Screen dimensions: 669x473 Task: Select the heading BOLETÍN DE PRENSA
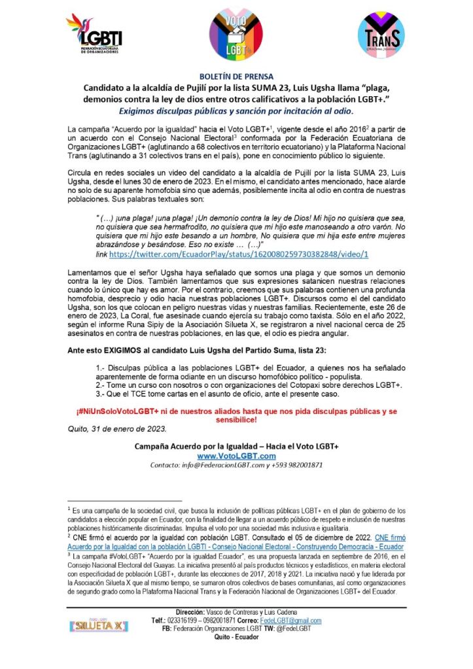pos(236,76)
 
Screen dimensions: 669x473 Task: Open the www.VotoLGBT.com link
pos(236,456)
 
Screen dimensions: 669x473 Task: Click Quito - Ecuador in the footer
pos(236,636)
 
